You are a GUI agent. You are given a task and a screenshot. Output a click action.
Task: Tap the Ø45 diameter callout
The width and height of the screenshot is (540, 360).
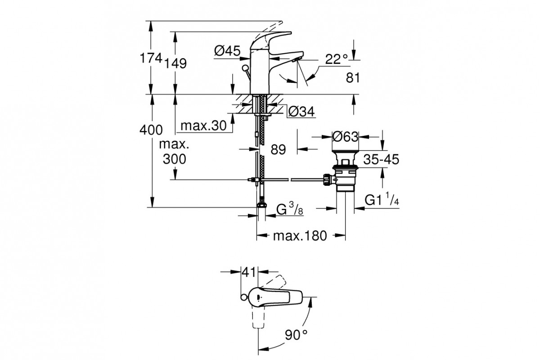(227, 52)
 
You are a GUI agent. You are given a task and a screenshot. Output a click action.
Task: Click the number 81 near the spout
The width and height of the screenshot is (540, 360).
(353, 78)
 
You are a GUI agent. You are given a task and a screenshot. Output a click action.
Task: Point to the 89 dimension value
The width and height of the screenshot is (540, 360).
(279, 149)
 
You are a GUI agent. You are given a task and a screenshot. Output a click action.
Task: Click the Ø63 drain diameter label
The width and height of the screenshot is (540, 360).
(345, 135)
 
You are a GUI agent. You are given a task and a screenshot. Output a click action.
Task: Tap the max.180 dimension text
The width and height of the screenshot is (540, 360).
(300, 236)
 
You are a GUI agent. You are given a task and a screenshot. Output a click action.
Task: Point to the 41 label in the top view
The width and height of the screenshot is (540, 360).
(248, 272)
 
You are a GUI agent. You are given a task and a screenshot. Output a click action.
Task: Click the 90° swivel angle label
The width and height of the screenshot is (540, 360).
(297, 334)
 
